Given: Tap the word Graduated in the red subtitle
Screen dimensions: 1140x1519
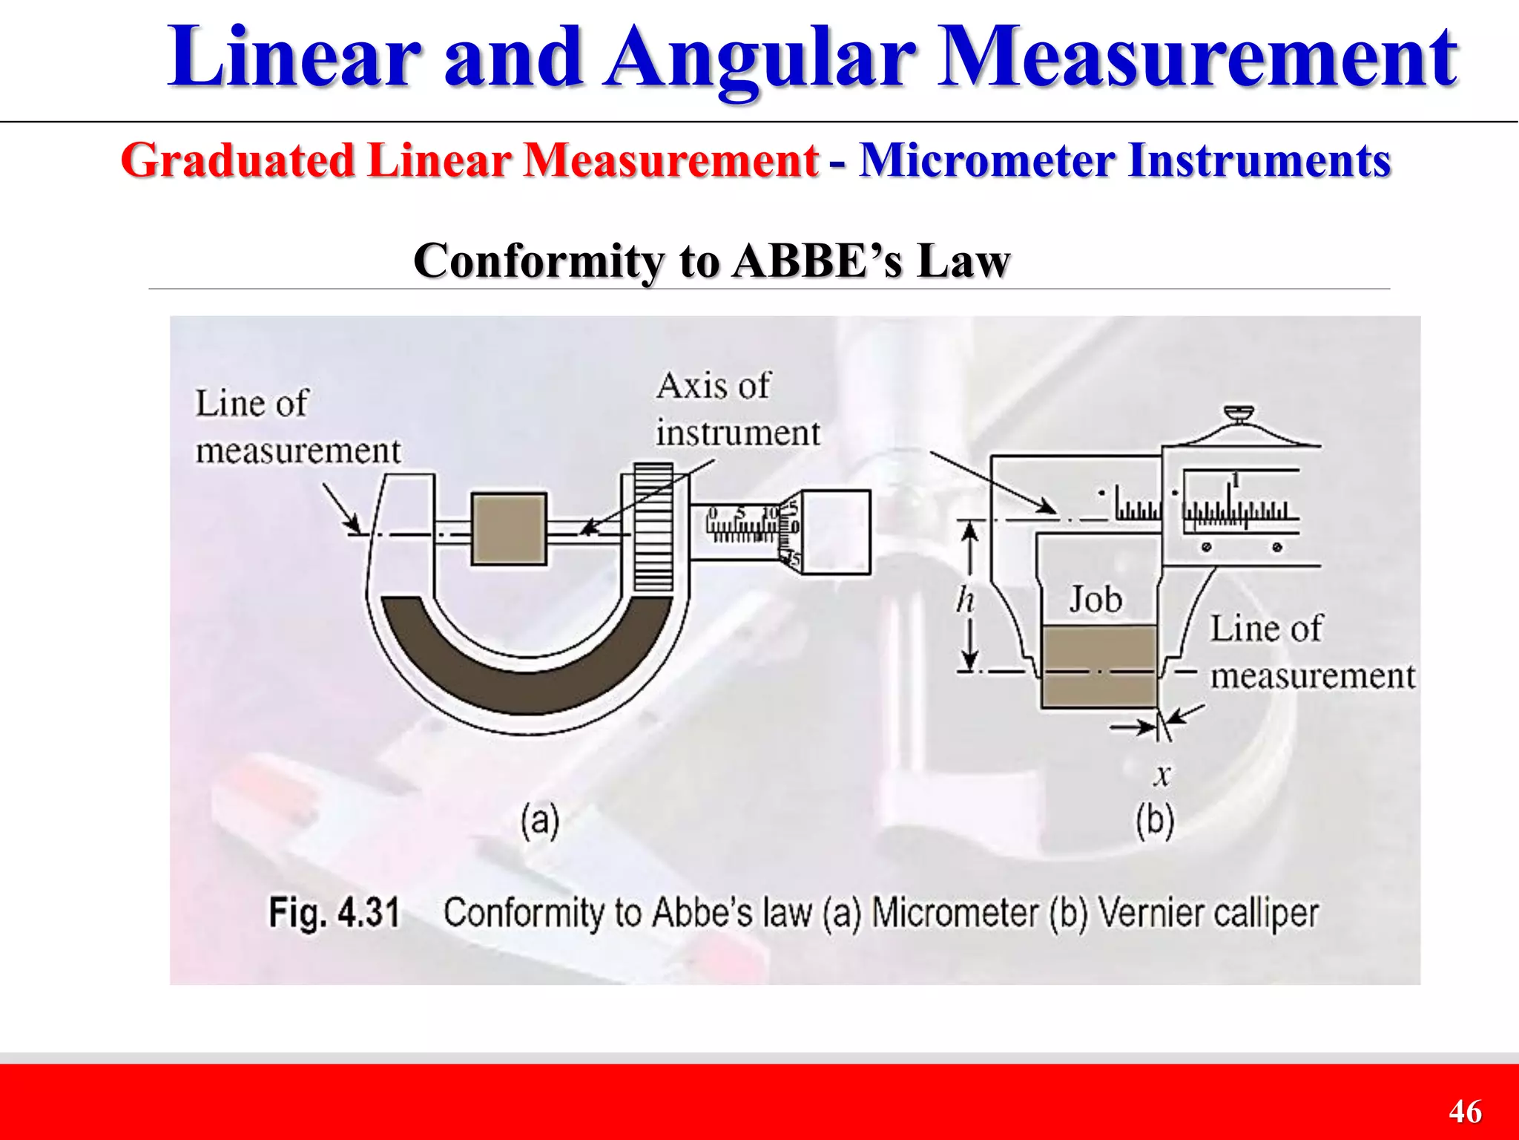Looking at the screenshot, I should click(237, 160).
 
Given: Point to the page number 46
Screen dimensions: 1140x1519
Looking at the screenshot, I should click(1466, 1112).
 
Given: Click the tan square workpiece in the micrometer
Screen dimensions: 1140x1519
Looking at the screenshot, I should click(509, 529).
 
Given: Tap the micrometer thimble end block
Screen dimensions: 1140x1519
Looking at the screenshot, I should click(836, 531).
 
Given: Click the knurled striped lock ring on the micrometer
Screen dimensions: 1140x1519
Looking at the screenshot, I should click(653, 527).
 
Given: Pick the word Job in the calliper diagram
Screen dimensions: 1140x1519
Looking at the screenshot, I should click(1095, 600).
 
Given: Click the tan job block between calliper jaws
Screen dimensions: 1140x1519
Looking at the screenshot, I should click(1098, 666).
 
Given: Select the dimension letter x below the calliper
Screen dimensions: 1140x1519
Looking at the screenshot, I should click(1162, 776).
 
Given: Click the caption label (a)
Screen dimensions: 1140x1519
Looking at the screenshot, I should click(539, 821).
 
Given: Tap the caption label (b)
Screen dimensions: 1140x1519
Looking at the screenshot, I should click(1155, 821).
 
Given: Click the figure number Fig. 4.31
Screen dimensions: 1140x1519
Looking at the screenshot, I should click(334, 912).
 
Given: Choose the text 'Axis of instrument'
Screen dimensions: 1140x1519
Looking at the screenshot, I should click(737, 410).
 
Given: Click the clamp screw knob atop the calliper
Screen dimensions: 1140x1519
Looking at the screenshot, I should click(1239, 413).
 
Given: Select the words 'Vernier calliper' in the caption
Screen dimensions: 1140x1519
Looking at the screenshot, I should click(1207, 912).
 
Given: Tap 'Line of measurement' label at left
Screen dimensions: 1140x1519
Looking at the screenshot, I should click(297, 427).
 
